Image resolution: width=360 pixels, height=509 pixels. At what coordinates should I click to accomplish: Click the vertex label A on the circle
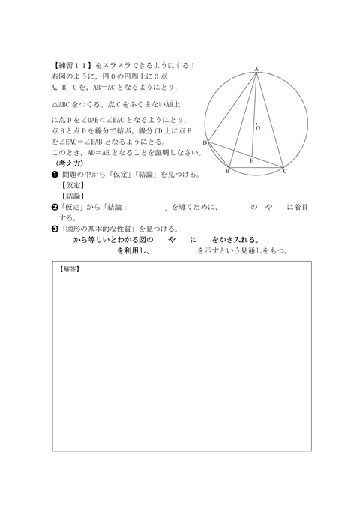coord(256,70)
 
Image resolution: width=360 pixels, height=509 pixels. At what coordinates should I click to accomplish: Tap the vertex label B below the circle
coord(228,172)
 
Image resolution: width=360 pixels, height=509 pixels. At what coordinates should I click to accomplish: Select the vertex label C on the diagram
coord(285,172)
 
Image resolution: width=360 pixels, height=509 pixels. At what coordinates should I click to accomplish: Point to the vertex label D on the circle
coord(204,142)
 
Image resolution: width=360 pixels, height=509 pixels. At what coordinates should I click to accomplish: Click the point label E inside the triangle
coord(251,160)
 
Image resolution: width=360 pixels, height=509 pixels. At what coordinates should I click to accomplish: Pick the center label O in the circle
coord(259,128)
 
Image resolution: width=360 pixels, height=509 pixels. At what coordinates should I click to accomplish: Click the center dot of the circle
coord(256,123)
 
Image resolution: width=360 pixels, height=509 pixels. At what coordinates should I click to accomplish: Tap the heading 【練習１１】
coord(73,65)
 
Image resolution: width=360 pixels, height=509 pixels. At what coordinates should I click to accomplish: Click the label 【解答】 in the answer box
coord(69,268)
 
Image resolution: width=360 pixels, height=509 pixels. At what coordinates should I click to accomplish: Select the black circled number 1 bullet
coord(55,175)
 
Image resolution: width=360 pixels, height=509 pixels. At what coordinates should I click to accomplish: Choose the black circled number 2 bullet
coord(55,206)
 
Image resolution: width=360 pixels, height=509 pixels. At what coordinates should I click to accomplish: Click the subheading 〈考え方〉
coord(66,163)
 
